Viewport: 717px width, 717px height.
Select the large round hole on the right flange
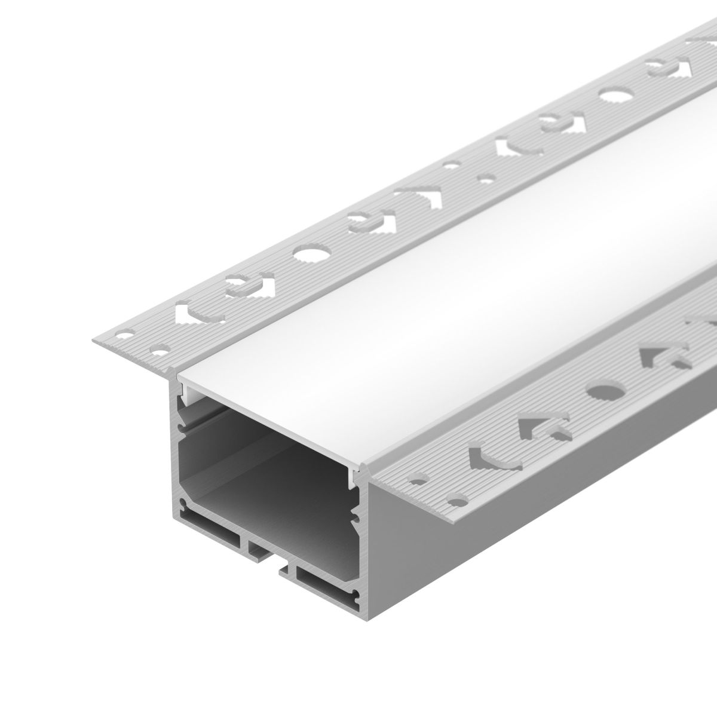pyautogui.click(x=597, y=392)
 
